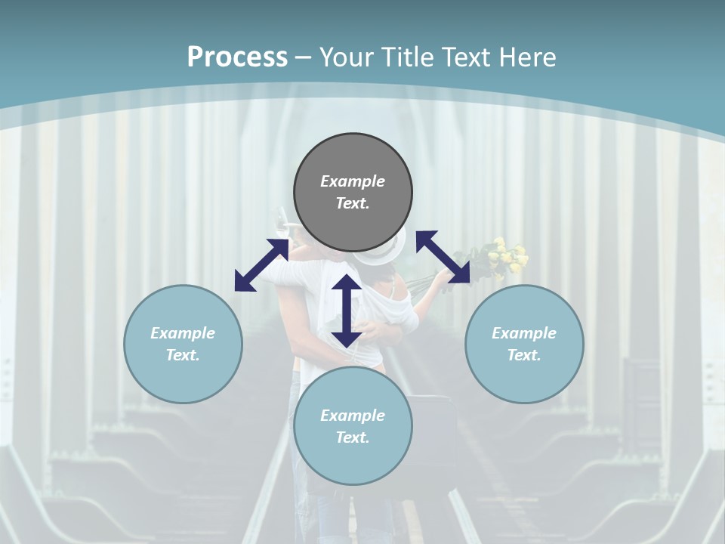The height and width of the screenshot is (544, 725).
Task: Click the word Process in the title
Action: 237,57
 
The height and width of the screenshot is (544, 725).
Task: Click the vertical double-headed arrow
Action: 346,311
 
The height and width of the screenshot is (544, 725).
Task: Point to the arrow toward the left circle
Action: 261,265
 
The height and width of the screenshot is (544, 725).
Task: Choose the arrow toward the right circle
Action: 443,257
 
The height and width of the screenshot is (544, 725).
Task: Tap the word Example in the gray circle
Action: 353,181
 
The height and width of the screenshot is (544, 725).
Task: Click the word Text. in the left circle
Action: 183,355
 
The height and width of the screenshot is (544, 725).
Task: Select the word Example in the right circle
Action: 524,333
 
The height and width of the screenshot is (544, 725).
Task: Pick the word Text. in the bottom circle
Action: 353,437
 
